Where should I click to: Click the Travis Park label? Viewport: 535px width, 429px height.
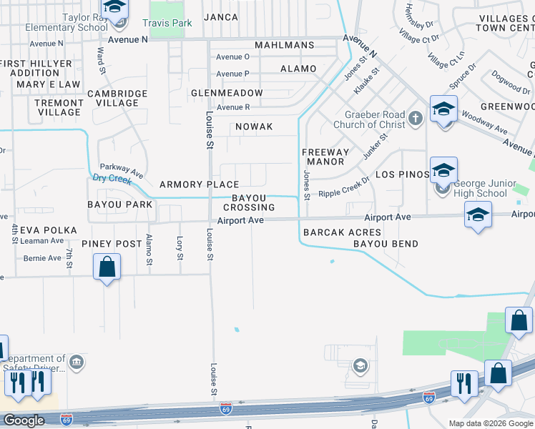[x=167, y=24]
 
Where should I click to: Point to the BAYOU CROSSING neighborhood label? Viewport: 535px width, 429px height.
[x=253, y=202]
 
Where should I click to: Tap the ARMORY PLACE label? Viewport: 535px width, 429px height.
[x=199, y=184]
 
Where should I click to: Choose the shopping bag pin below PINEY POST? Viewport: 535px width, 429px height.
[x=107, y=268]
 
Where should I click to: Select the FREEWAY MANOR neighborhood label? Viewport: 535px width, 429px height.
[x=325, y=157]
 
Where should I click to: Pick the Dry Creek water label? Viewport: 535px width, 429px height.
[x=111, y=179]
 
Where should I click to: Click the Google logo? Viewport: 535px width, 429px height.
[x=23, y=420]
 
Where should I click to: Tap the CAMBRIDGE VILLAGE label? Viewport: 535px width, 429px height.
[x=117, y=98]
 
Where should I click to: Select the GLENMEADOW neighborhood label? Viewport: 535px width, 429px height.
[x=227, y=93]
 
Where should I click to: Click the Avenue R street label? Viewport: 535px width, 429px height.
[x=233, y=107]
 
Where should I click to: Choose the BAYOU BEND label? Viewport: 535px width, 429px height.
[x=385, y=244]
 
